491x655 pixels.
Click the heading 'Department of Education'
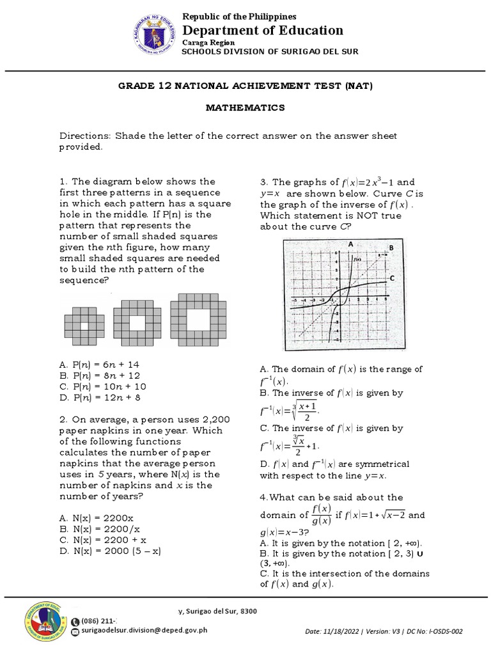coord(263,30)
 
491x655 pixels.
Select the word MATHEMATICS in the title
coord(245,108)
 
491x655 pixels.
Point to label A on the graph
coord(351,244)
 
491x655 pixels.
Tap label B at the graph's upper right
coord(391,248)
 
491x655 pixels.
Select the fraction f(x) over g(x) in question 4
coord(321,514)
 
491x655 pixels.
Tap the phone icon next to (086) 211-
coord(76,620)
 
